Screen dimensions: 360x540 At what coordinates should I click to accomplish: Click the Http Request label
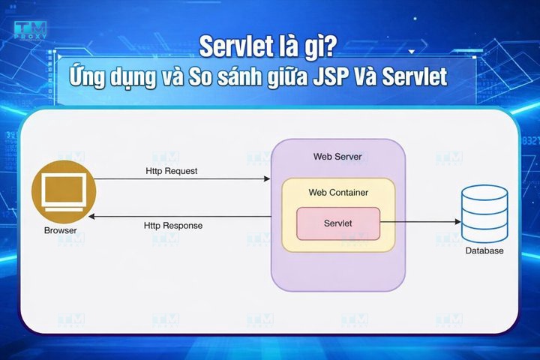click(172, 170)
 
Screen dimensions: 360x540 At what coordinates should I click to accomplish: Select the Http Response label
click(172, 225)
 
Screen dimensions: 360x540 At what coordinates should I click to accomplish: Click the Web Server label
click(337, 157)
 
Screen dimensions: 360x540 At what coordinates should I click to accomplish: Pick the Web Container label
click(338, 193)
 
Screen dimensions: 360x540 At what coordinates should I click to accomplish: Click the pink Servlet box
click(338, 223)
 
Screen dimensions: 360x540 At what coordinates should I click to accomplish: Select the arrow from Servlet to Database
click(420, 222)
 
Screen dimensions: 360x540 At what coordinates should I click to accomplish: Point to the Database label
click(484, 250)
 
